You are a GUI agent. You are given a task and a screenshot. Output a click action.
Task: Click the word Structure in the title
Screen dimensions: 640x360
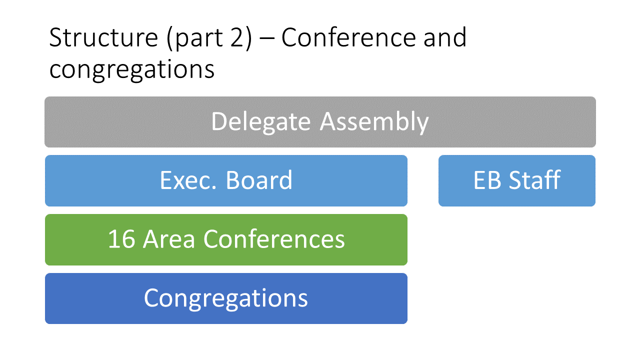(103, 37)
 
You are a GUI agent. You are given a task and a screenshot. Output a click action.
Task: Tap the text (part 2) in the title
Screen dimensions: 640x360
(209, 39)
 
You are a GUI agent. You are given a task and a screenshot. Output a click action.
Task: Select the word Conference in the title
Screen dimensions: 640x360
(348, 37)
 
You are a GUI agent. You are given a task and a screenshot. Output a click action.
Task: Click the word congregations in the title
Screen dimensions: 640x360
(131, 69)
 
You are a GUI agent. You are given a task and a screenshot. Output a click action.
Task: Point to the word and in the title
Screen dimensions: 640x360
(445, 37)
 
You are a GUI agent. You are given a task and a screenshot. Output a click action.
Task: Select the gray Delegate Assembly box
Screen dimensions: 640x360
(320, 122)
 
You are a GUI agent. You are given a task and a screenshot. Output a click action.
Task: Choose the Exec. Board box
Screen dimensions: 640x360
(226, 180)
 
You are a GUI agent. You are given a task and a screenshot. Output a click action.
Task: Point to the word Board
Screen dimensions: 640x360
(259, 180)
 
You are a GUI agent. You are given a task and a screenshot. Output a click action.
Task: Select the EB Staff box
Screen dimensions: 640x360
(517, 180)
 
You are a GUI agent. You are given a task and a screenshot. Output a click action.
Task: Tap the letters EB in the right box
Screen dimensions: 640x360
(487, 180)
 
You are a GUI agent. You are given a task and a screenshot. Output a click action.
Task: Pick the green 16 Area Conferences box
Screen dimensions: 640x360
(226, 239)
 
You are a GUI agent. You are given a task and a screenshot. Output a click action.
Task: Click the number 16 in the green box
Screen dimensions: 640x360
(121, 239)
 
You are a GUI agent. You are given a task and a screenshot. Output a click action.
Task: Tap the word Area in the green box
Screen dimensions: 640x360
(169, 239)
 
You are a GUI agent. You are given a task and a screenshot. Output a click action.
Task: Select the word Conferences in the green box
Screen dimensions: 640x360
(274, 239)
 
